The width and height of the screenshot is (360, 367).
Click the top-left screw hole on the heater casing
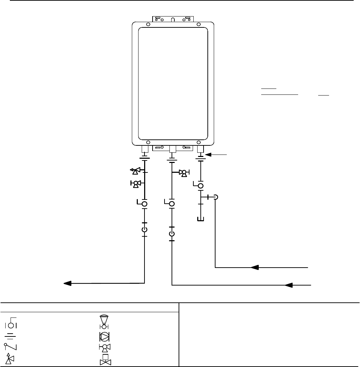coord(148,25)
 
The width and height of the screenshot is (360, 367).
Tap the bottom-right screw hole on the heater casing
coord(199,142)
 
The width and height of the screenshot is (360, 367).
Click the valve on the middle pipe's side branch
coord(184,172)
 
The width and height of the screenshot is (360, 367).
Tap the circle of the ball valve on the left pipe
coord(144,204)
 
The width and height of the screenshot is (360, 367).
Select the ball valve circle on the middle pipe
coord(172,204)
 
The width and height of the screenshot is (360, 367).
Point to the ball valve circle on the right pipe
coord(200,186)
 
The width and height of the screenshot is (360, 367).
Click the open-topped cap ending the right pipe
coord(200,219)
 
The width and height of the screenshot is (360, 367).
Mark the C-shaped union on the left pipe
coord(144,230)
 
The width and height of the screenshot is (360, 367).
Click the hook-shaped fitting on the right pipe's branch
coord(216,197)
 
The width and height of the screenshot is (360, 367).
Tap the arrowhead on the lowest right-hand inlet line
coord(290,285)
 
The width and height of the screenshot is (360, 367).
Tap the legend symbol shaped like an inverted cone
coord(103,322)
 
